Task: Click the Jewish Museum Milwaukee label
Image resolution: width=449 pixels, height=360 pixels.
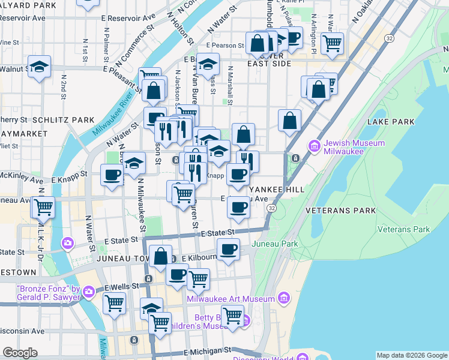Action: (x=354, y=148)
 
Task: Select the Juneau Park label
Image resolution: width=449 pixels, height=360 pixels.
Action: (x=274, y=244)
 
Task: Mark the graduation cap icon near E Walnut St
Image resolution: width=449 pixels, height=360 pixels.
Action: (x=39, y=67)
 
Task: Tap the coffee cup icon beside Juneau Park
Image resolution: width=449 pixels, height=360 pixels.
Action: (x=228, y=248)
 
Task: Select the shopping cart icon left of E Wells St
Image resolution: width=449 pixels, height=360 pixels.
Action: (x=114, y=302)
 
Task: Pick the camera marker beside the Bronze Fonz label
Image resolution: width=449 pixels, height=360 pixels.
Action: (x=89, y=292)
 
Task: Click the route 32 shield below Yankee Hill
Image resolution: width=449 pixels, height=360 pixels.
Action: (x=272, y=208)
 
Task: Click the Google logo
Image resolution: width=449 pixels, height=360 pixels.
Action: (x=20, y=353)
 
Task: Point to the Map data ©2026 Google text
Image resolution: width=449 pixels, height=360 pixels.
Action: (x=411, y=355)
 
